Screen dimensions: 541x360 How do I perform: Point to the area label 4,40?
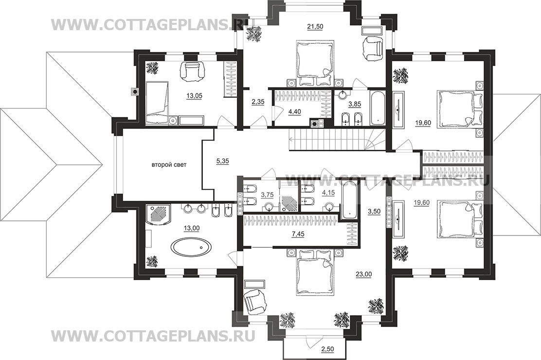[x=295, y=112]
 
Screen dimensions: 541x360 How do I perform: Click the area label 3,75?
[x=267, y=195]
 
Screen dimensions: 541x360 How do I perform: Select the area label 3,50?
[x=374, y=211]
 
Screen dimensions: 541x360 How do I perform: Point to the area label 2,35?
[x=258, y=103]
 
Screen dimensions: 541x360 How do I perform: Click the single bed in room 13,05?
[x=157, y=103]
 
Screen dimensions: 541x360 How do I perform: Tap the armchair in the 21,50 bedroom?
[x=373, y=48]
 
